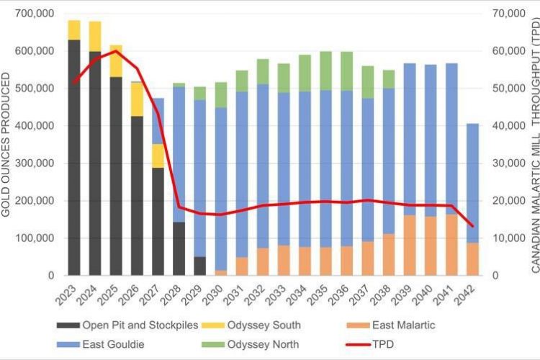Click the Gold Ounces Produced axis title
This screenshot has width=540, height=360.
[8, 144]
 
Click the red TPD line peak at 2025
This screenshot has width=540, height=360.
[116, 51]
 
